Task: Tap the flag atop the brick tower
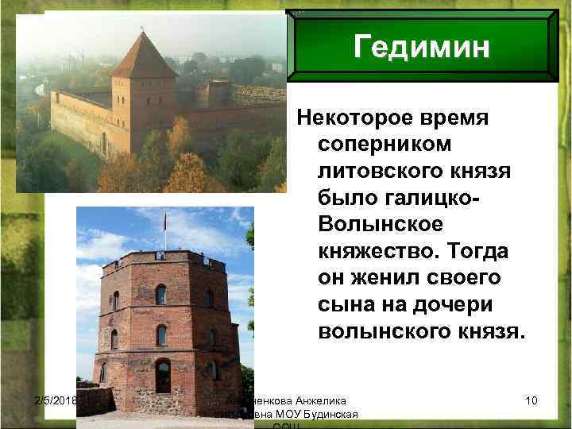(164, 219)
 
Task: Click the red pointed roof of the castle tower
(142, 56)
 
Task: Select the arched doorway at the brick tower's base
(162, 375)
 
